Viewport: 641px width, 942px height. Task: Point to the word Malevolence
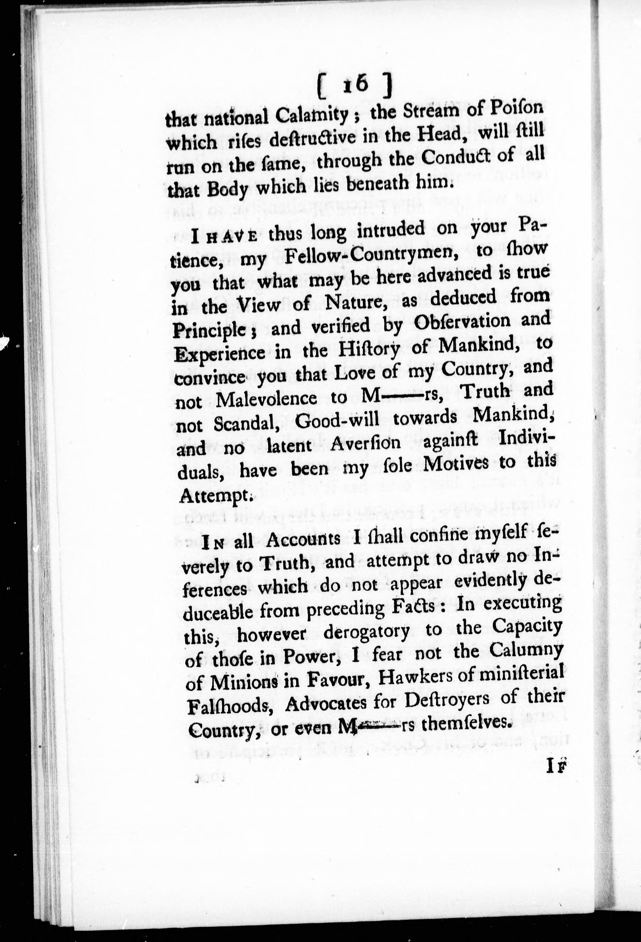tap(267, 399)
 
